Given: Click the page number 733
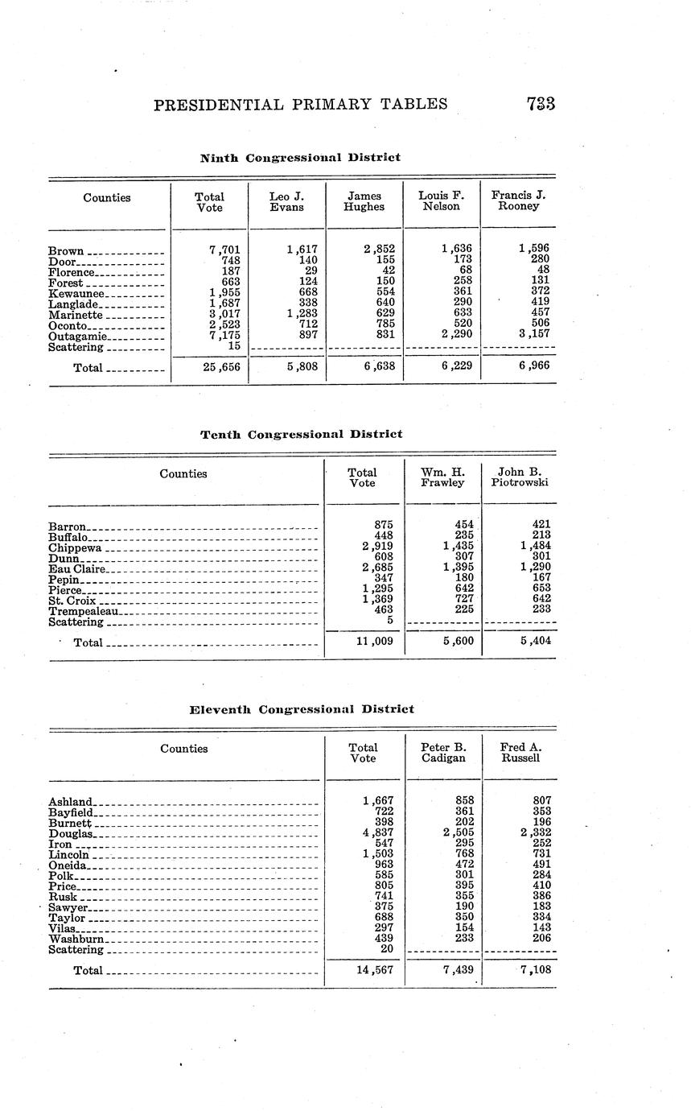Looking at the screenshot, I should click(x=541, y=104).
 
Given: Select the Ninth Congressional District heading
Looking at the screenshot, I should click(x=300, y=158).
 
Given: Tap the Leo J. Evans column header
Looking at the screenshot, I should click(x=286, y=201).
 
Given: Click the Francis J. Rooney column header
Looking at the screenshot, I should click(x=518, y=201).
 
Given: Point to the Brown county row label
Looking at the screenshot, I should click(x=66, y=250).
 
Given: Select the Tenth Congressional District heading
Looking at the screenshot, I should click(x=301, y=435).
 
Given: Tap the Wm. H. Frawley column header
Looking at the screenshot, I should click(x=442, y=477).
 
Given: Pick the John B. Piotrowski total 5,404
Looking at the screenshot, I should click(x=532, y=642).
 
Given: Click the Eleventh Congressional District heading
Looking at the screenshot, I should click(x=302, y=709).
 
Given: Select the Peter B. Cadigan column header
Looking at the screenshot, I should click(x=443, y=753).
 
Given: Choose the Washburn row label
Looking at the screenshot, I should click(x=76, y=939).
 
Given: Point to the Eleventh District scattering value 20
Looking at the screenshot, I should click(x=385, y=949).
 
